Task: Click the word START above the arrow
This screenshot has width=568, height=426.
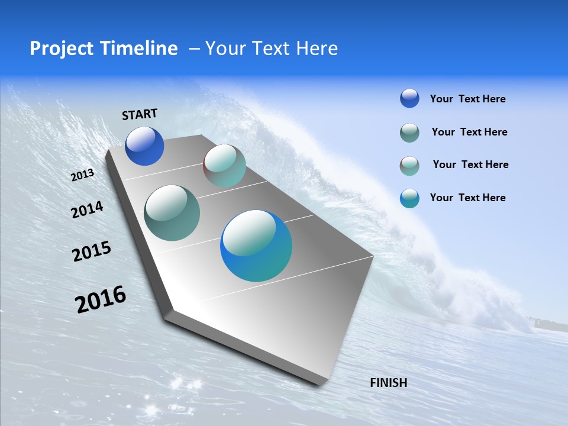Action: pos(140,114)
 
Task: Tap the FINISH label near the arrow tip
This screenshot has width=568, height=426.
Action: pos(388,383)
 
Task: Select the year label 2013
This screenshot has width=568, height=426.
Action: pos(82,175)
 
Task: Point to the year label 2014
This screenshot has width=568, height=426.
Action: pos(87,209)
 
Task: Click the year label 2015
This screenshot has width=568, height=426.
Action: pos(92,251)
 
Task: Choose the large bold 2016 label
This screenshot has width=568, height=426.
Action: pos(101,299)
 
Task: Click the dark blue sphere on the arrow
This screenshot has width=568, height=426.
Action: pos(144,146)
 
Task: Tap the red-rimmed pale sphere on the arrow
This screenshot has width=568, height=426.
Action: pos(224,166)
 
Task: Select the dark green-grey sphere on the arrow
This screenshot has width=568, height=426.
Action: pos(172,213)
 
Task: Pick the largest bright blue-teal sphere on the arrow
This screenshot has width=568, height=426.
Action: pos(256,246)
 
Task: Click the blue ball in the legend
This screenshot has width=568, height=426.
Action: pos(409,98)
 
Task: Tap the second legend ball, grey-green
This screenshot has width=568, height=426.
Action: pos(409,133)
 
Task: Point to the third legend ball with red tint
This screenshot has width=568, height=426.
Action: pos(409,166)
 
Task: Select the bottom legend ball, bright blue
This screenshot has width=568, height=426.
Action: pos(409,198)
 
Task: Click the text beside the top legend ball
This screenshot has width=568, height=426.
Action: pos(467,99)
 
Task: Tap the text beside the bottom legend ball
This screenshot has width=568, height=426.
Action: pos(467,198)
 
